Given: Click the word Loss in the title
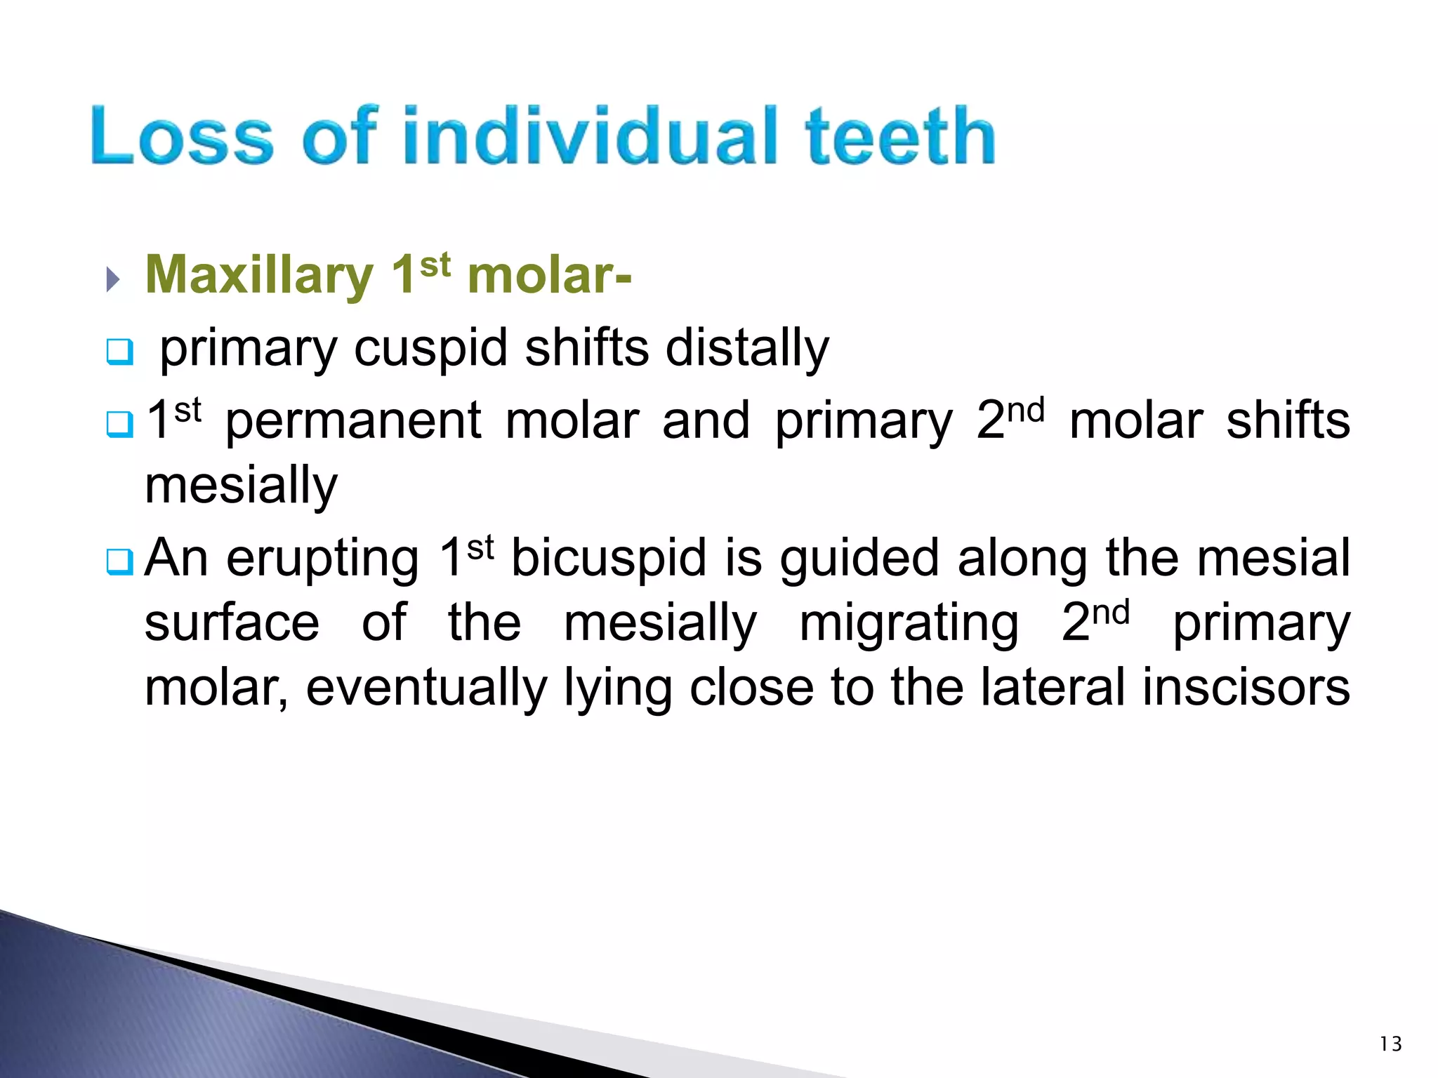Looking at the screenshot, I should pyautogui.click(x=181, y=137).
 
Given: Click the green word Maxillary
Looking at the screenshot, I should pyautogui.click(x=259, y=275).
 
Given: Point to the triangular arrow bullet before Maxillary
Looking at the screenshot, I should pyautogui.click(x=113, y=279).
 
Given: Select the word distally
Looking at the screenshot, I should pyautogui.click(x=747, y=349).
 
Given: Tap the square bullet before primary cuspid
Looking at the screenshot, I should pyautogui.click(x=119, y=352).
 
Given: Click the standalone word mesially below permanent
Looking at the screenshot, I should pyautogui.click(x=241, y=486).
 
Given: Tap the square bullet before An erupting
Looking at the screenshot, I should pyautogui.click(x=119, y=561).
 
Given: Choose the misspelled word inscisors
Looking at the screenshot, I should pyautogui.click(x=1246, y=688).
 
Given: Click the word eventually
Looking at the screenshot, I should pyautogui.click(x=426, y=688).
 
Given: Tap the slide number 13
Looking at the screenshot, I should pyautogui.click(x=1390, y=1044).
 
